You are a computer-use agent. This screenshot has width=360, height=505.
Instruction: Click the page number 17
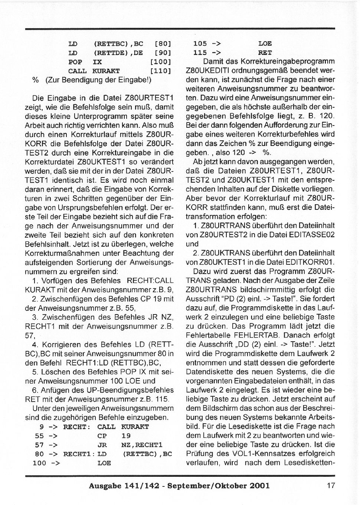331,485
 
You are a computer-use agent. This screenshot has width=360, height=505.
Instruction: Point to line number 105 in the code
200,44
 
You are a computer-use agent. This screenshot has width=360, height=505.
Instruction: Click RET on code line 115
265,53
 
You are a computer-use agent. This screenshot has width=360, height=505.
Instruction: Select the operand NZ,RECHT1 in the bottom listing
142,445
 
